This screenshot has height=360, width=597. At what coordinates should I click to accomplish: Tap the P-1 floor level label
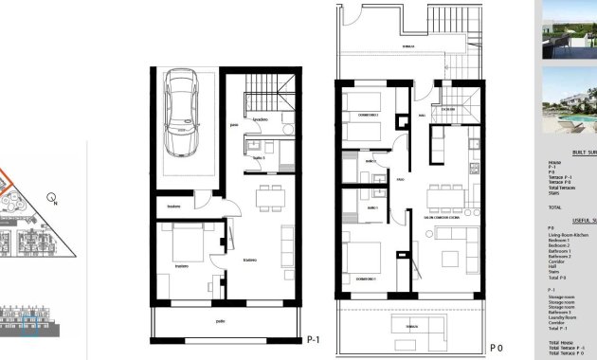tap(315, 339)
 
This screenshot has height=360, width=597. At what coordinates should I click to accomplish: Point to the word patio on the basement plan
tap(221, 322)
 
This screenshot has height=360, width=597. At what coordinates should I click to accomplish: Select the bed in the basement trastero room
tap(186, 245)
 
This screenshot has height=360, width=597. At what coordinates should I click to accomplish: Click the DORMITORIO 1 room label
tap(365, 279)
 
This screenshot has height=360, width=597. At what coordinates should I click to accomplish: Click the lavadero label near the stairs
tap(261, 120)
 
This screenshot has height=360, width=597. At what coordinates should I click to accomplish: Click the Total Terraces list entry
tap(563, 188)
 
